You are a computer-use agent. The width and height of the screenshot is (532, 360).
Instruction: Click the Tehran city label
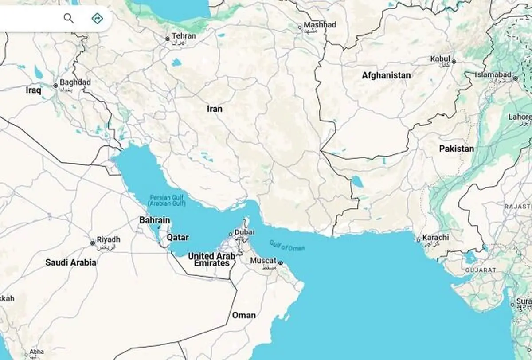[x=184, y=36]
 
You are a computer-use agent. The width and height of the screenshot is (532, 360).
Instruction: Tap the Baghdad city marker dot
[x=55, y=86]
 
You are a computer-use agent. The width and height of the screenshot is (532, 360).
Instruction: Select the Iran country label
[x=215, y=109]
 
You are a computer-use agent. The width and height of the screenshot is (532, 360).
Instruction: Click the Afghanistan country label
[x=386, y=75]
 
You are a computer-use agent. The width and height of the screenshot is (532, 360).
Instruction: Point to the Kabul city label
[x=440, y=59]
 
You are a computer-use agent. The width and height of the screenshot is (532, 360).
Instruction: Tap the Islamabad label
[x=493, y=75]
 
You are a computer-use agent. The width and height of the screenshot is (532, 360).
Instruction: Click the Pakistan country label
[x=456, y=149]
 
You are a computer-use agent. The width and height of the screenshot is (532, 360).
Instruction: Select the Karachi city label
[x=435, y=238]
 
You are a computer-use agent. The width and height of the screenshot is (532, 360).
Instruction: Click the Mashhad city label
[x=320, y=25]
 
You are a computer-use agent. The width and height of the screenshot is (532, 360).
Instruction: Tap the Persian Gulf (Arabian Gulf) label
[x=167, y=200]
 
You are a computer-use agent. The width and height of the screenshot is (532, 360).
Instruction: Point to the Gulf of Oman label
[x=287, y=246]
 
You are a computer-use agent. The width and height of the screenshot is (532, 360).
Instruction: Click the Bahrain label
[x=154, y=220]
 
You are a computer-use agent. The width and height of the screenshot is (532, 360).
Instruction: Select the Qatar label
[x=177, y=237]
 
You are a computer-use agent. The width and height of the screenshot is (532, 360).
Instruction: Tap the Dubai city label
[x=245, y=232]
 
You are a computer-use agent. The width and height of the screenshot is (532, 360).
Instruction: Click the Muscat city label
[x=263, y=261]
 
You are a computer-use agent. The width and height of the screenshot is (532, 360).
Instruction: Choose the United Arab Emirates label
[x=211, y=260]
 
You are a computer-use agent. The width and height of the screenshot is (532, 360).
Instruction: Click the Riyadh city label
[x=108, y=239]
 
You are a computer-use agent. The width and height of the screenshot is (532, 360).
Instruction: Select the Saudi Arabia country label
[x=70, y=262]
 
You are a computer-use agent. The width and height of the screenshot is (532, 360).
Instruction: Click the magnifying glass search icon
[x=68, y=18]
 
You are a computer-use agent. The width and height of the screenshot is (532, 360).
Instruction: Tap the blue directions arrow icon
[x=97, y=18]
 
